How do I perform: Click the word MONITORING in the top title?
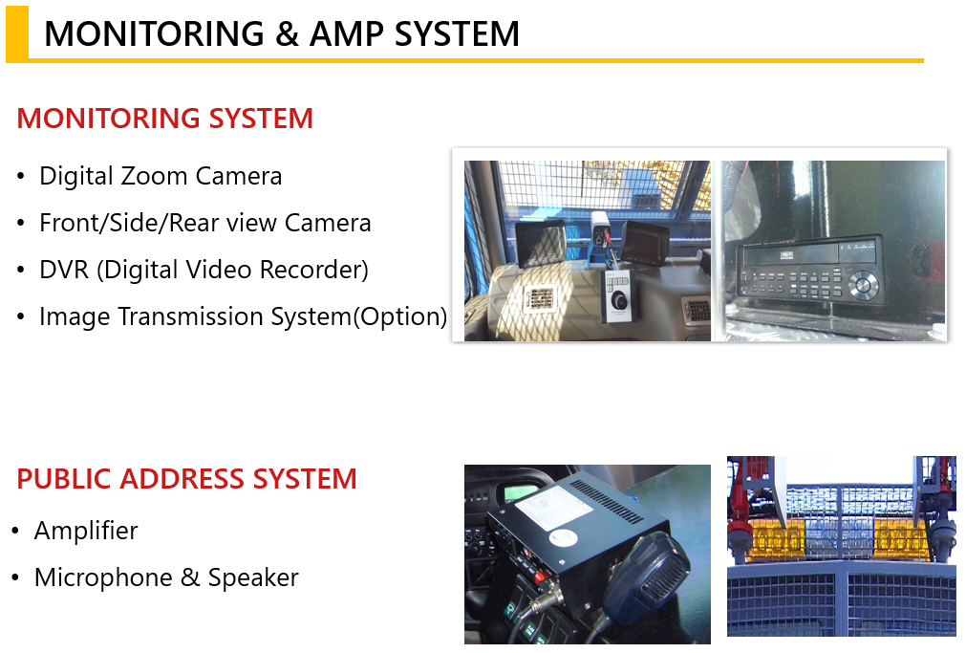(154, 33)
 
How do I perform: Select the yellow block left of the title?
(17, 33)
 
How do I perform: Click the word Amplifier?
(86, 531)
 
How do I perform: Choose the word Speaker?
(253, 578)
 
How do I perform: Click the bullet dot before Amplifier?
(15, 531)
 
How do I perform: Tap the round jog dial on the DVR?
(863, 285)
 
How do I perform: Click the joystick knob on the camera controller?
(618, 301)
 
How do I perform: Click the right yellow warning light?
(900, 539)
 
